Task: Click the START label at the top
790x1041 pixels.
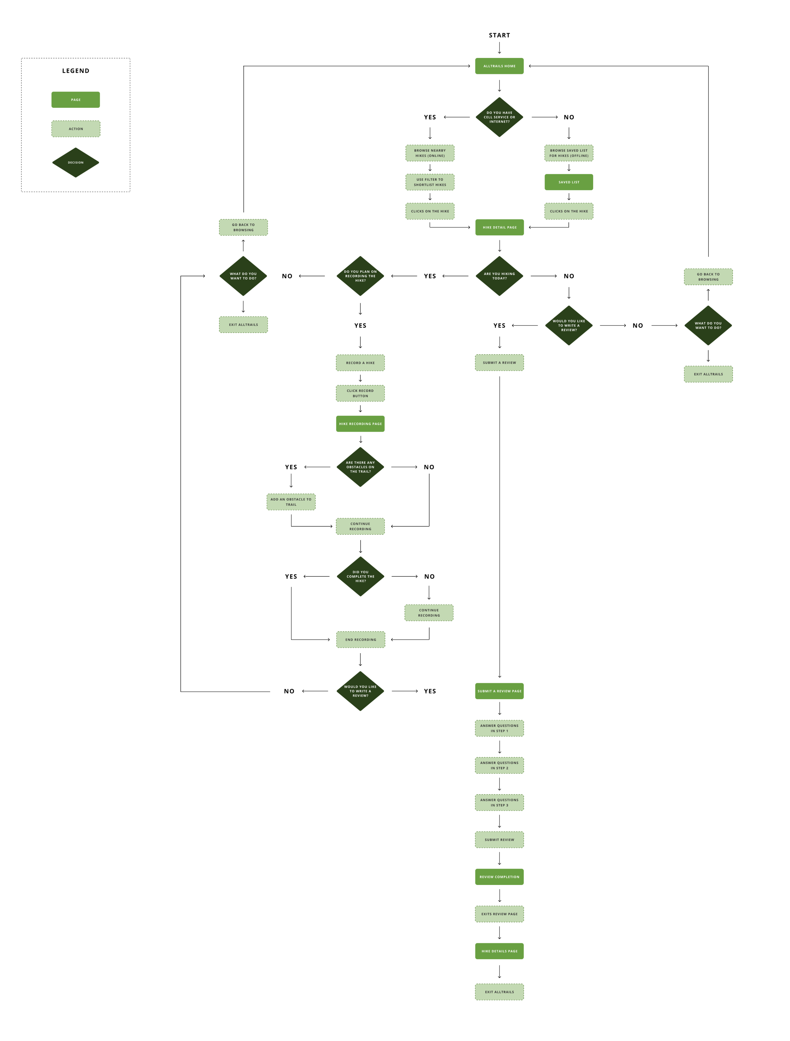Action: tap(499, 35)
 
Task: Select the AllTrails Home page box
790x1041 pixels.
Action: tap(499, 66)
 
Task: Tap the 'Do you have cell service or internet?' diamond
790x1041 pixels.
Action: tap(499, 117)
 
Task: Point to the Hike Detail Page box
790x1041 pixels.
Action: tap(499, 227)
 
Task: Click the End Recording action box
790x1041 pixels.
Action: tap(360, 640)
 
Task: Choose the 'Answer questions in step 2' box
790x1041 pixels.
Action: tap(499, 765)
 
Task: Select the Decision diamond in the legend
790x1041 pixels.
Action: tap(76, 162)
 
